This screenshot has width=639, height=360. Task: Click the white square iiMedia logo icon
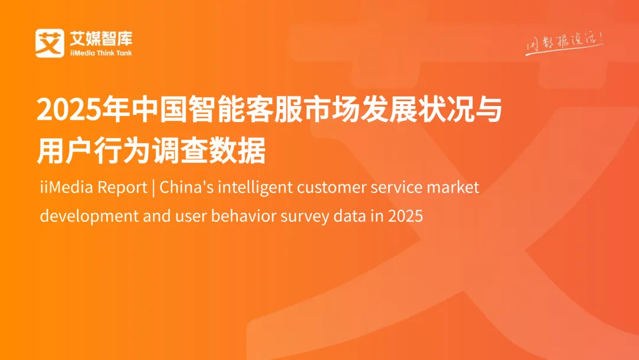point(49,43)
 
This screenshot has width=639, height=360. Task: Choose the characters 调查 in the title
point(189,152)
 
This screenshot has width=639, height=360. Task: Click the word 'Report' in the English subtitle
point(122,188)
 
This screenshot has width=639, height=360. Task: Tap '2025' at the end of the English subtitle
point(405,216)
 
